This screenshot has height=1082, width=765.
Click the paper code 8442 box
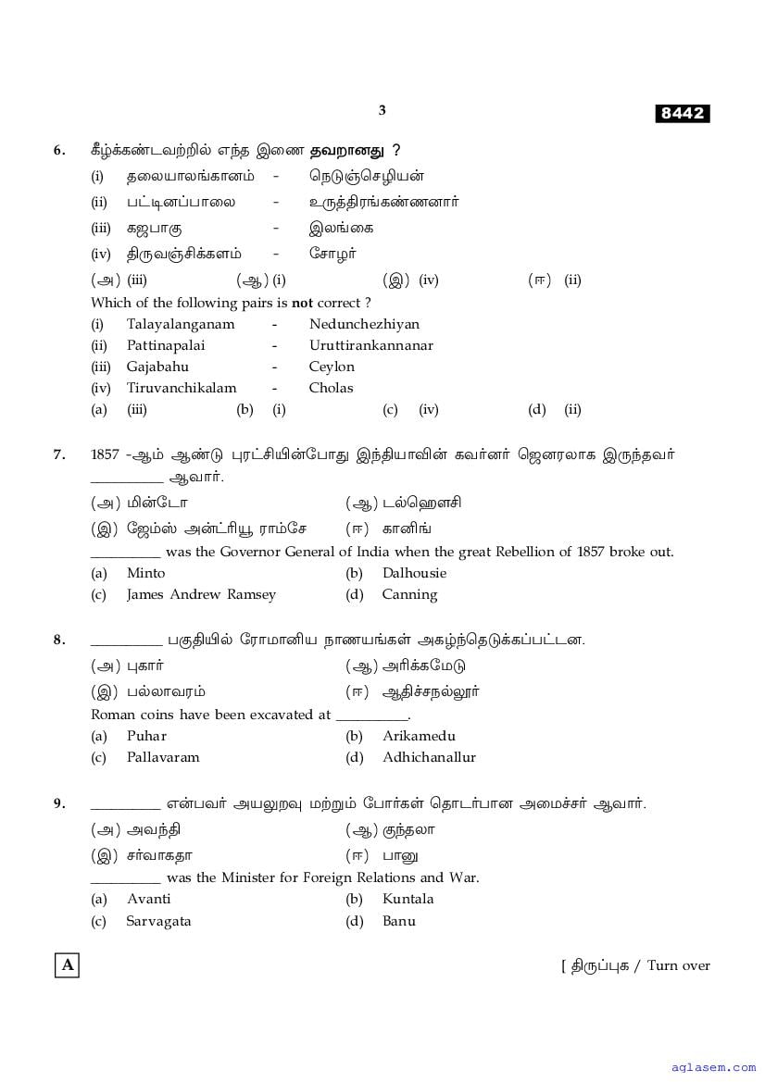coord(683,114)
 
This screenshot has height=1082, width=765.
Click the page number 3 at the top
coord(382,110)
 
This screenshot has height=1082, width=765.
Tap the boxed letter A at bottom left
coord(67,965)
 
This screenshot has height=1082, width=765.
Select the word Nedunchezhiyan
coord(364,324)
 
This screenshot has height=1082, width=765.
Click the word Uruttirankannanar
coord(370,345)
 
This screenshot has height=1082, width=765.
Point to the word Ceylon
coord(332,367)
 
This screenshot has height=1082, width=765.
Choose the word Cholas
coord(331,388)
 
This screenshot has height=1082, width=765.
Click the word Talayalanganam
coord(181,324)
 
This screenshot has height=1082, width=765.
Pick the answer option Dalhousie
coord(414,573)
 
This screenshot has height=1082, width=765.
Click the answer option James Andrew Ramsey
coord(201,594)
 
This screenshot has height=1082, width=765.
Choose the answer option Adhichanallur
coord(429,757)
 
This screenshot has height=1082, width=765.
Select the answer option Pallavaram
coord(163,757)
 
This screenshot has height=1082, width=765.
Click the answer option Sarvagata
coord(158,921)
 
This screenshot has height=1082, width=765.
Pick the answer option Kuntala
coord(408,899)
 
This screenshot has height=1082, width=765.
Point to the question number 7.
coord(59,454)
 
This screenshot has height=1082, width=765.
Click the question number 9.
coord(59,803)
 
